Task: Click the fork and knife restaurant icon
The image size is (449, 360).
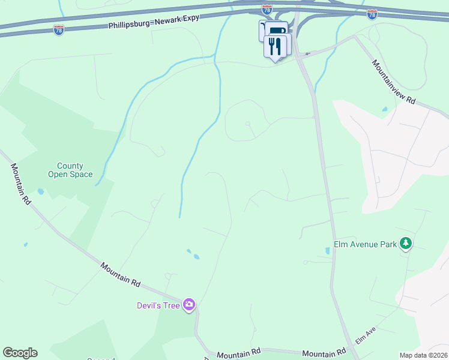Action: pos(275,46)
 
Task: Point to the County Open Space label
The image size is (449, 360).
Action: pos(70,170)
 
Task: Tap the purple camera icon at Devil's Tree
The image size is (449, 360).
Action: pos(190,305)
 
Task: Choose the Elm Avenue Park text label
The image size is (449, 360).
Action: pos(366,244)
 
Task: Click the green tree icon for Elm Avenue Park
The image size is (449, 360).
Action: pos(407,243)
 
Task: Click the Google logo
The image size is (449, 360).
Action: pos(20,353)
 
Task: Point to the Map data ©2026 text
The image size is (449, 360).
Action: pos(423,355)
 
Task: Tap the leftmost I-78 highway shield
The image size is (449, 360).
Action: pos(59,30)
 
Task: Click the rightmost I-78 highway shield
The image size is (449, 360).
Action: pos(372,14)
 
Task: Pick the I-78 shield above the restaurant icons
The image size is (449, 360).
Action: pos(267,10)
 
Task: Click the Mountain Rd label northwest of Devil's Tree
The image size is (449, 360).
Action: pos(120,274)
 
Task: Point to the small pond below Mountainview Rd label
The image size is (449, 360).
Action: pos(384,110)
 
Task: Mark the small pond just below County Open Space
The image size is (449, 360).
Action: pos(40,192)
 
